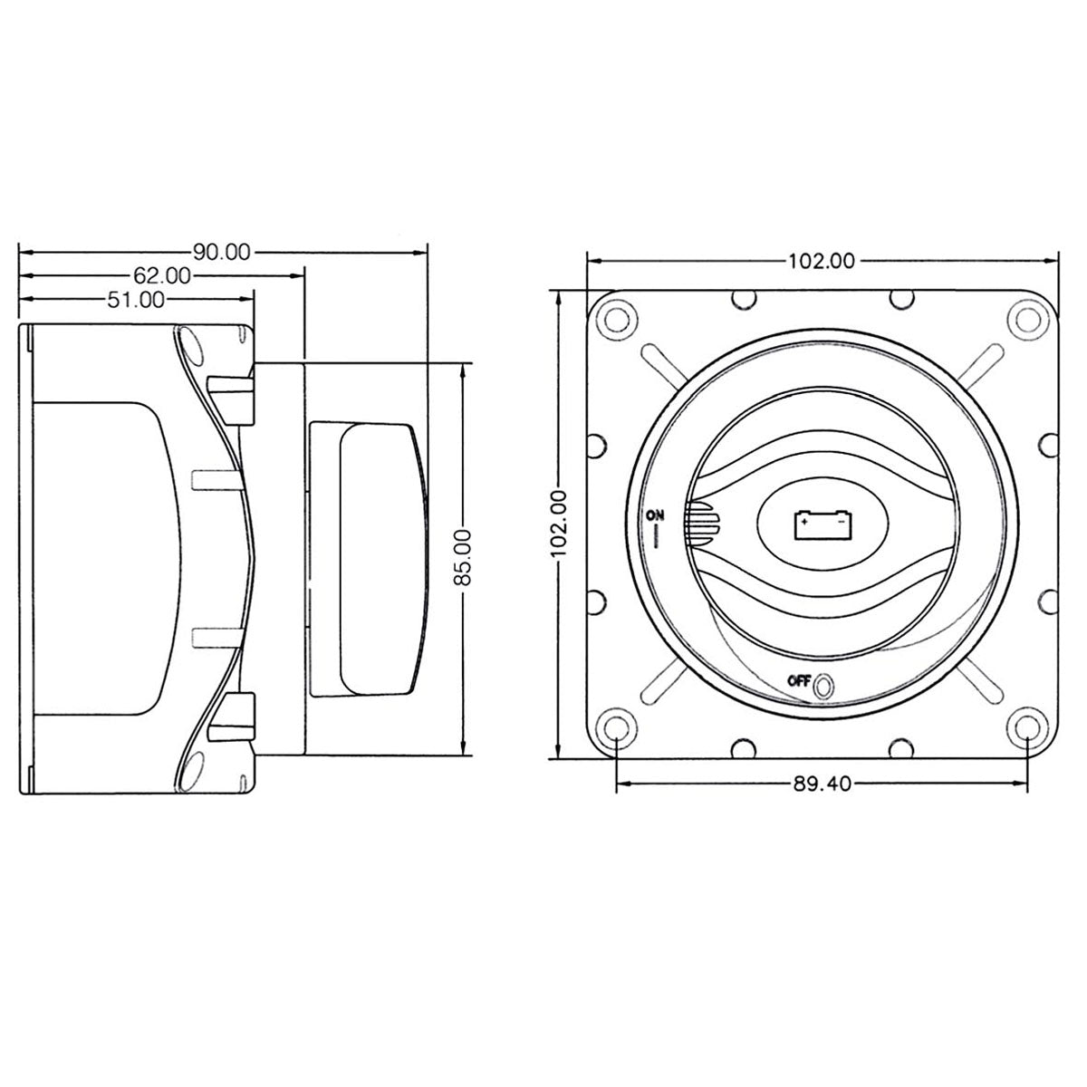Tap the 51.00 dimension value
tap(136, 299)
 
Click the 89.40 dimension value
tap(822, 784)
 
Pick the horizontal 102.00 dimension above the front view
tap(822, 261)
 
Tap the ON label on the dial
tap(655, 515)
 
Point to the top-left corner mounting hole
tap(616, 318)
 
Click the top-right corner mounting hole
tap(1027, 318)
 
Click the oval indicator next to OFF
tap(822, 686)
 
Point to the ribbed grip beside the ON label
tap(701, 524)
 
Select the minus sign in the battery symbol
tap(840, 523)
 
